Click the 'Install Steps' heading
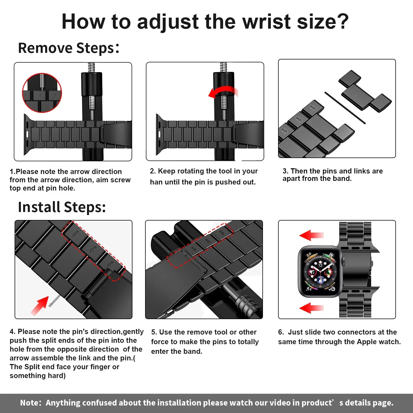[62, 207]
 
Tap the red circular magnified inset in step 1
[42, 93]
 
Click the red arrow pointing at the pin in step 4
[40, 305]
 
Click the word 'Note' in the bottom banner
[30, 403]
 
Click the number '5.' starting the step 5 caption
[154, 332]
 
